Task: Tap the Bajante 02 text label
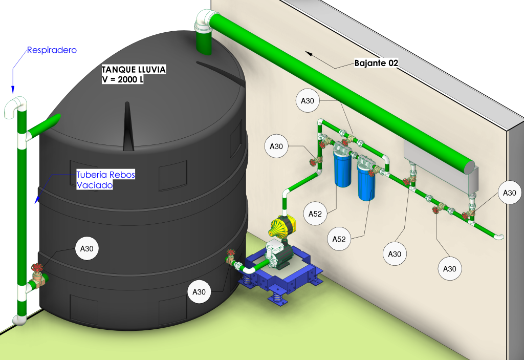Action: tap(376, 63)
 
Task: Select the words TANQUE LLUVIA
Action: tap(134, 70)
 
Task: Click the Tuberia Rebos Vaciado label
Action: tap(105, 180)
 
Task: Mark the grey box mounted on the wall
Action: tap(440, 164)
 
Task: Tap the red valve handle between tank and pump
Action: tap(231, 253)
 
